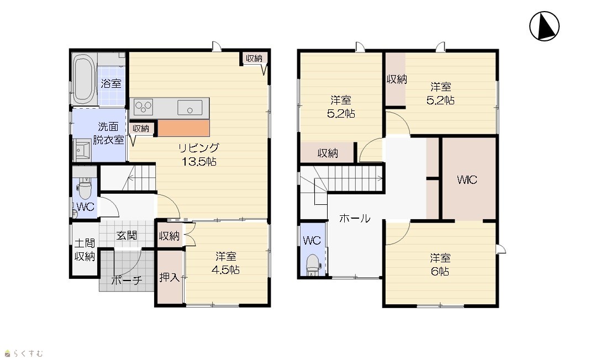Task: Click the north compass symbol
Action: tap(544, 26)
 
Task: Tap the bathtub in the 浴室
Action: tap(84, 79)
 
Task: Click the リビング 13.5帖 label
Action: tap(199, 154)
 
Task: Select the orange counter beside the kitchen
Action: tap(183, 128)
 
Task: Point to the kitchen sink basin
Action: tap(190, 107)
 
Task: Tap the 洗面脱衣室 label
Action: tap(108, 133)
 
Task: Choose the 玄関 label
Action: tap(127, 235)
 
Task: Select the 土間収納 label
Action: tap(85, 250)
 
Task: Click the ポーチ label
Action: tap(127, 280)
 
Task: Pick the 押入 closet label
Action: tap(170, 277)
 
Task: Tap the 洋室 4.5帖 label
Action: tap(226, 263)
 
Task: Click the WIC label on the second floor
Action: tap(467, 179)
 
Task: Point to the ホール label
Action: tap(355, 219)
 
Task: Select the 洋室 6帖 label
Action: tap(440, 264)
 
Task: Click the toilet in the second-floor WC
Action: tap(313, 264)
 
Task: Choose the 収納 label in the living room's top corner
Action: tap(254, 58)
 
